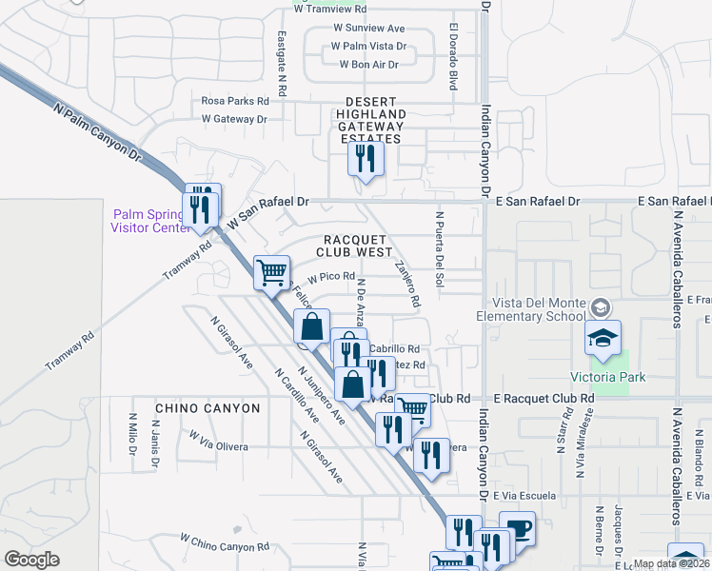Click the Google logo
tap(31, 560)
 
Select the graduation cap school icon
tap(603, 338)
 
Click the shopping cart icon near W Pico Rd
tap(272, 272)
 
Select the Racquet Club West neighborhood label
tap(358, 246)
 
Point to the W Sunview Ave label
tap(368, 29)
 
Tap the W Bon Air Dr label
tap(368, 65)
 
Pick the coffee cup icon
tap(518, 528)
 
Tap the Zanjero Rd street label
tap(407, 285)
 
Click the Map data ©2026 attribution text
tap(670, 563)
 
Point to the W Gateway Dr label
tap(234, 119)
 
